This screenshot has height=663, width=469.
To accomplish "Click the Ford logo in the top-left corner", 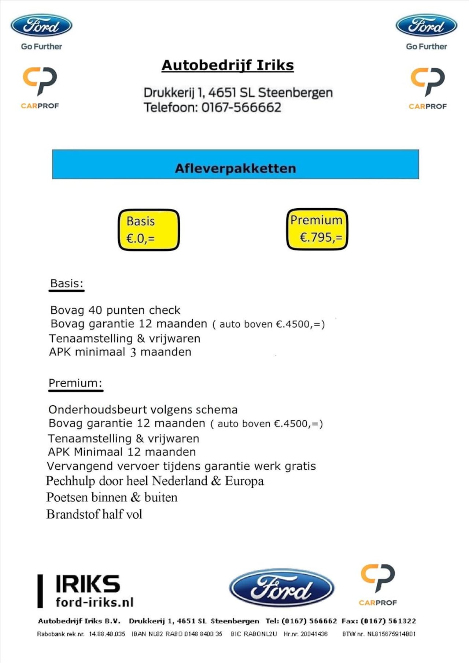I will [x=41, y=26].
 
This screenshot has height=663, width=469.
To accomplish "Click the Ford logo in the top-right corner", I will [x=426, y=26].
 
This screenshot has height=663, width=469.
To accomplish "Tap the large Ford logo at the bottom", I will [x=281, y=588].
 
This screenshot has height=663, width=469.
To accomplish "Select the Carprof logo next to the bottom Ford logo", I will [x=378, y=584].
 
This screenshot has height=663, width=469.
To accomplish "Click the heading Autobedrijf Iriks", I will [x=228, y=66].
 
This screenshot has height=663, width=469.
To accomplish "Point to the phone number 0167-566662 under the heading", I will [x=241, y=108].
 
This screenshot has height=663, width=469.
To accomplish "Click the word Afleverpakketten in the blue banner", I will [x=235, y=168].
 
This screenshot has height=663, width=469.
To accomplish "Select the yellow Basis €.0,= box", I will [x=149, y=230].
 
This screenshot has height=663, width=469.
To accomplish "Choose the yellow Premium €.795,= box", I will [x=317, y=229].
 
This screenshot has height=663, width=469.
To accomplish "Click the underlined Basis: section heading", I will [x=67, y=284].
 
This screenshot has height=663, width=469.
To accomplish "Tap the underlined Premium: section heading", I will [x=75, y=383].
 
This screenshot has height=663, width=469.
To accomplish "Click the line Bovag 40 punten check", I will [x=115, y=310].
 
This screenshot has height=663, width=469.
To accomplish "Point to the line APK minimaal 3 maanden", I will [x=120, y=352].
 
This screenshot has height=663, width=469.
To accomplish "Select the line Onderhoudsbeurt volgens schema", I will [x=143, y=410].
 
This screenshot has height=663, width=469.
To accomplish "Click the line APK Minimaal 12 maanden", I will [x=122, y=452].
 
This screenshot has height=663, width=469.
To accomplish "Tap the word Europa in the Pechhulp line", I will [x=244, y=481].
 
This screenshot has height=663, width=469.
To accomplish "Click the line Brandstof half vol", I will [x=94, y=514].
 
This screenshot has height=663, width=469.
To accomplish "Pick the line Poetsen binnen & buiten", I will [x=112, y=498].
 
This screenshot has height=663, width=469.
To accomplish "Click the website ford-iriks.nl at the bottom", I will [x=95, y=602].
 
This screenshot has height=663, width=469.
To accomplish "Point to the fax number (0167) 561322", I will [x=388, y=621].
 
